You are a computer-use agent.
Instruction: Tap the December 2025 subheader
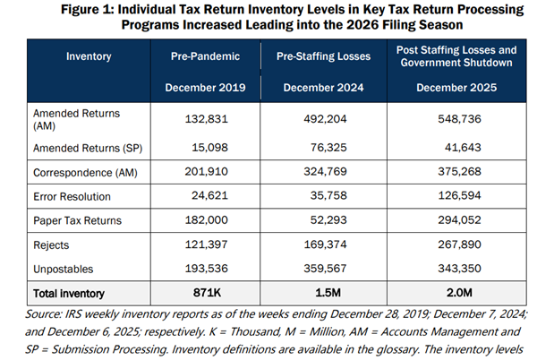pos(455,88)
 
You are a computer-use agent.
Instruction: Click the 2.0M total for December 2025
pos(455,292)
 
